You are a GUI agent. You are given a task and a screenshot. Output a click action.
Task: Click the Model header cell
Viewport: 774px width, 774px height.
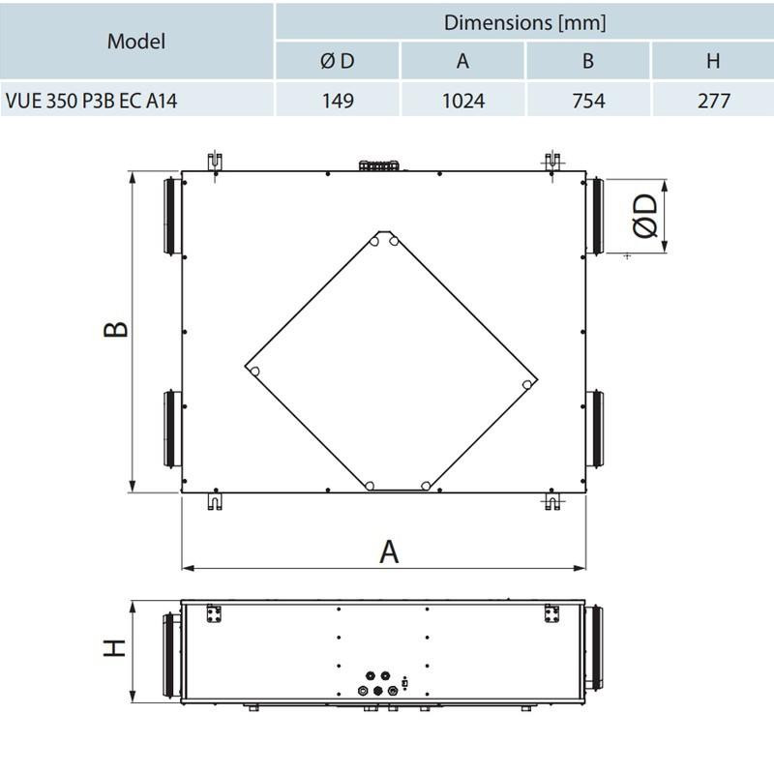tap(136, 42)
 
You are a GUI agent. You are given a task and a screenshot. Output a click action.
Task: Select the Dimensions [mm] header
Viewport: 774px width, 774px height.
tap(524, 22)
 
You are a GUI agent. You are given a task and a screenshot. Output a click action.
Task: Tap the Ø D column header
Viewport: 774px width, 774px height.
tap(337, 61)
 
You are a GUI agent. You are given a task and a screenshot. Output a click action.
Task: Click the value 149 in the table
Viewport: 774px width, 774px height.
tap(338, 101)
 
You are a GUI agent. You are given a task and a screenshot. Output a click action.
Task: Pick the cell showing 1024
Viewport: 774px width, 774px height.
tap(463, 101)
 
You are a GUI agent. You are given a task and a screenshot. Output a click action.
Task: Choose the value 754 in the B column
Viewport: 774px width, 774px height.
tap(588, 101)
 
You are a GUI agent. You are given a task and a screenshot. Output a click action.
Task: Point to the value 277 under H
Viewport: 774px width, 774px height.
tap(714, 101)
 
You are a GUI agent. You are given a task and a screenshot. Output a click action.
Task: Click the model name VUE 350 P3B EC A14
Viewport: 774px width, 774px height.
tap(91, 101)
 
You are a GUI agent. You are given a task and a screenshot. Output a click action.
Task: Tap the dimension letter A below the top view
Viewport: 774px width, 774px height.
tap(389, 551)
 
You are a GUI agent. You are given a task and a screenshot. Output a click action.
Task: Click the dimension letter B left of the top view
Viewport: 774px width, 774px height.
tap(116, 329)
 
